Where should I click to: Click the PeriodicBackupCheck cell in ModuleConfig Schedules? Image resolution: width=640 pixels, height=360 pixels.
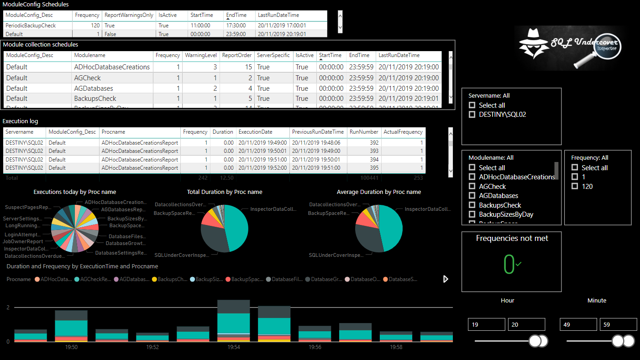tap(31, 26)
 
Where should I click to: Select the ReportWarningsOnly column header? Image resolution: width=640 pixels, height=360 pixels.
tap(129, 15)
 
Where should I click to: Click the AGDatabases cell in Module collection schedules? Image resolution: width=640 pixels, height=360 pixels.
tap(94, 89)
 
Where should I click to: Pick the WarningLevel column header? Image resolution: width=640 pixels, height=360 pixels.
tap(200, 55)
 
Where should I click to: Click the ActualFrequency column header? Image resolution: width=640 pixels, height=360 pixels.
tap(403, 132)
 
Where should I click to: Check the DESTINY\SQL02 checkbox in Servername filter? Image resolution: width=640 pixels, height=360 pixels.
tap(472, 115)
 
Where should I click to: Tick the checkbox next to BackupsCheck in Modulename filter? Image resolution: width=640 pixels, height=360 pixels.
tap(472, 205)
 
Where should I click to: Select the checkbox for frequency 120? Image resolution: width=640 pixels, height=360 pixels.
tap(575, 186)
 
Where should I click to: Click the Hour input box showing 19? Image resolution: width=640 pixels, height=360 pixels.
tap(486, 324)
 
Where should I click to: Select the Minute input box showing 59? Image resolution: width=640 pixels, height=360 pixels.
tap(618, 324)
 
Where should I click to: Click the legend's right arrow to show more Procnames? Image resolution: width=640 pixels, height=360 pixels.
tap(446, 279)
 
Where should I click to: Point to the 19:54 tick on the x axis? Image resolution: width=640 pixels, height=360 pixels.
tap(233, 347)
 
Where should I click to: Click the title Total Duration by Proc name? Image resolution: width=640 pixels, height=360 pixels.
tap(225, 192)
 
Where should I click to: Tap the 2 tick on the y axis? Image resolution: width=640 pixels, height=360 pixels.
tap(8, 308)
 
